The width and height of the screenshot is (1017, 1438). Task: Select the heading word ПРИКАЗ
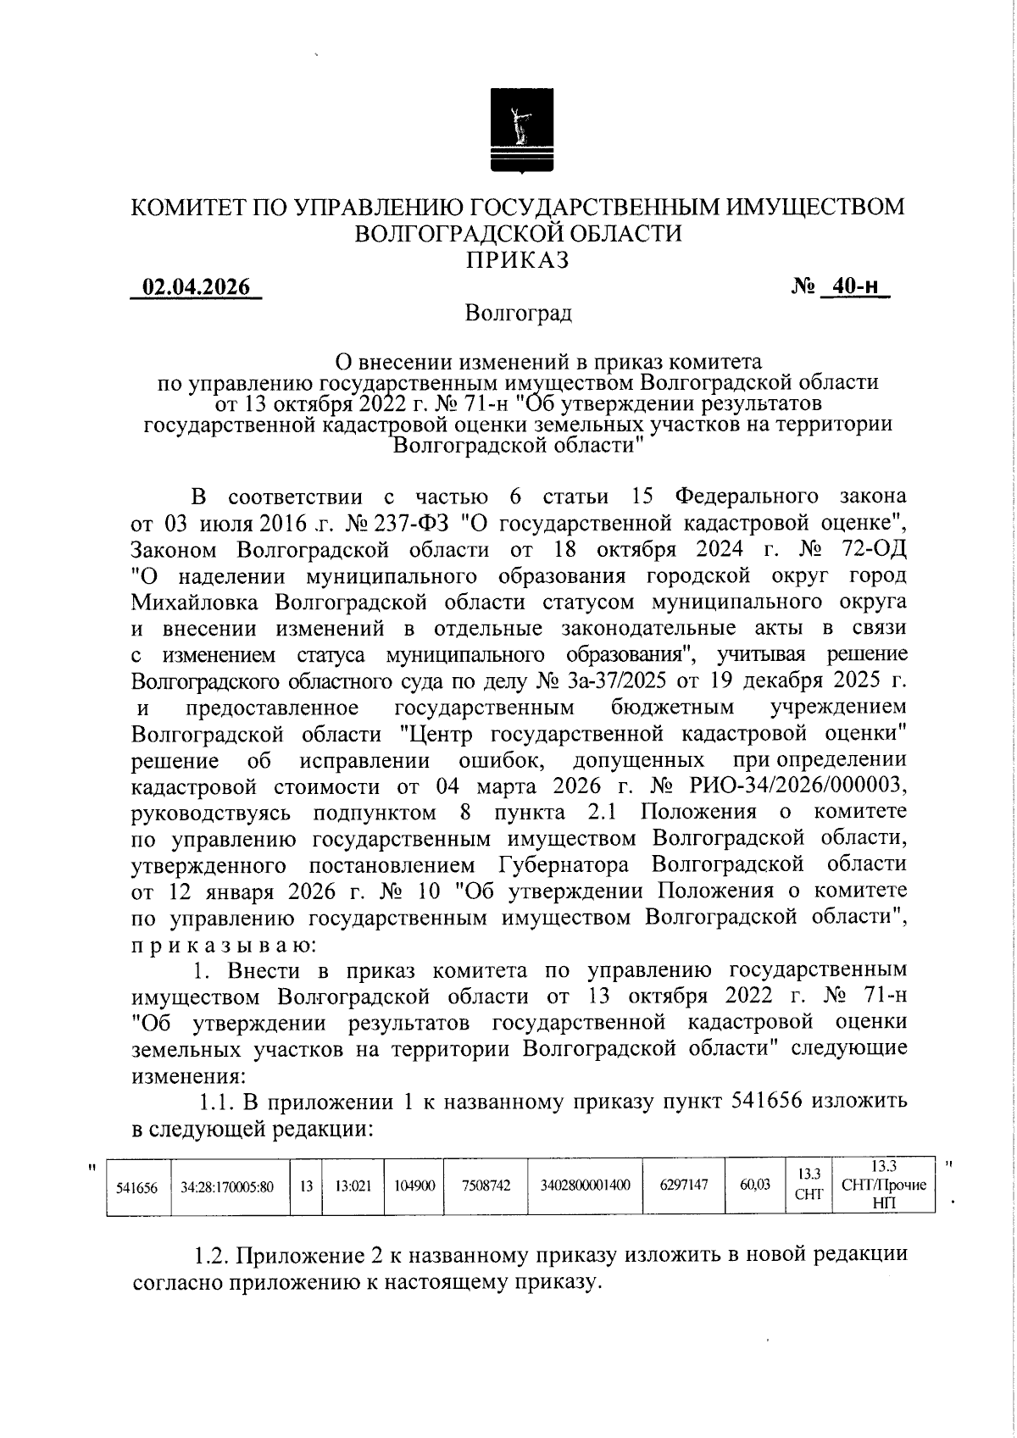519,260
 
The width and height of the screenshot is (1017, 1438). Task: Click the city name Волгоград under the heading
519,314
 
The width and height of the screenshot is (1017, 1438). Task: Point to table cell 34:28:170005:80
227,1187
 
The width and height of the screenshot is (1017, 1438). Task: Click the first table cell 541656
136,1187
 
